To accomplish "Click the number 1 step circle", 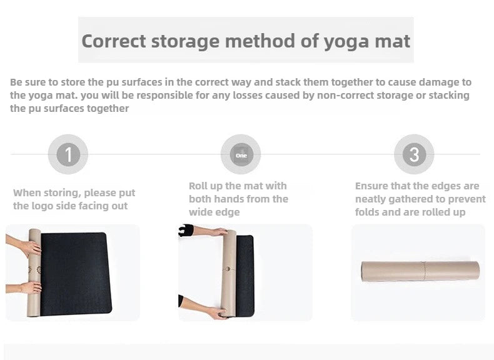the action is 68,154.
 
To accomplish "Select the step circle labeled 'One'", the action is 241,154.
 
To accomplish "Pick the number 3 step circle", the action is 414,154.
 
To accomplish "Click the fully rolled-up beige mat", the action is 420,271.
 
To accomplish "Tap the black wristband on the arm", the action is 186,230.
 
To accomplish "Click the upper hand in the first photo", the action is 30,248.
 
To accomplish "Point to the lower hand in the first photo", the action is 31,287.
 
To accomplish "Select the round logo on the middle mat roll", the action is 228,269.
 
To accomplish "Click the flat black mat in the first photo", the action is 76,274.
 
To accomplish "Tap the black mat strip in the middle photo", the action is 245,276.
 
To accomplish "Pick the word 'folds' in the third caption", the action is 367,212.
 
